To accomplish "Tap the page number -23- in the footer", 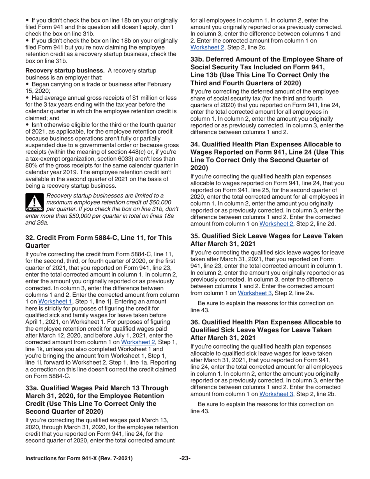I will pos(185,458).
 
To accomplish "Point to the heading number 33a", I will pos(32,387).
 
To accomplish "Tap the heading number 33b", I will pos(197,59).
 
